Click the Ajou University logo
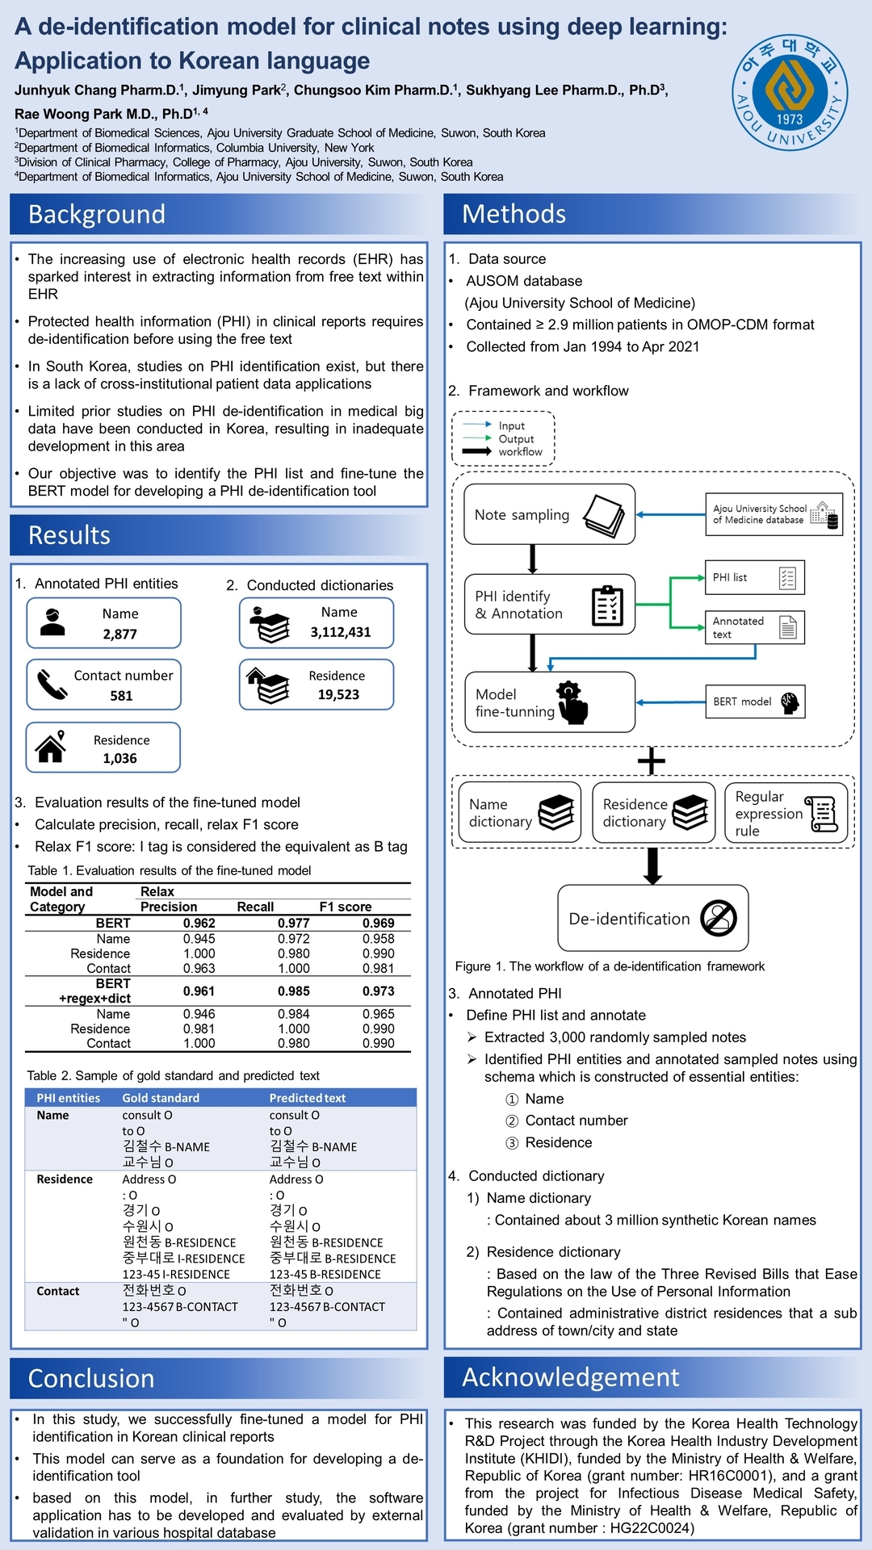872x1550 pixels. [x=790, y=92]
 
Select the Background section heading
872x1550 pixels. [x=97, y=214]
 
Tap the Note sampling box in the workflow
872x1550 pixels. [x=549, y=514]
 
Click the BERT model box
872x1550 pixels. [x=754, y=702]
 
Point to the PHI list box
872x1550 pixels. [x=754, y=577]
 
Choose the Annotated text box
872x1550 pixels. [x=754, y=627]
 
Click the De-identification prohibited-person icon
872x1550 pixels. [x=718, y=918]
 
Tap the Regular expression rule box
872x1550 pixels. [x=786, y=813]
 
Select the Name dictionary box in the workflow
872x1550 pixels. [x=519, y=813]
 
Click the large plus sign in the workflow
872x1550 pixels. [x=652, y=760]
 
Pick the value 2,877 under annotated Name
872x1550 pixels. [x=119, y=635]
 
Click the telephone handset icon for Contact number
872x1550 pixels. [x=52, y=685]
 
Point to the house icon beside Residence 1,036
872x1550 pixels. [x=51, y=748]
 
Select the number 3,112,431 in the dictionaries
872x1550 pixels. [x=341, y=632]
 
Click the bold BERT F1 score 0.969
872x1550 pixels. [x=378, y=923]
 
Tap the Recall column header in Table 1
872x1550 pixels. [x=255, y=907]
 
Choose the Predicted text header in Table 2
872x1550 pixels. [x=308, y=1098]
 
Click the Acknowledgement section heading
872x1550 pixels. [x=571, y=1377]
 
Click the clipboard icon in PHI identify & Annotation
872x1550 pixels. [x=607, y=605]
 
